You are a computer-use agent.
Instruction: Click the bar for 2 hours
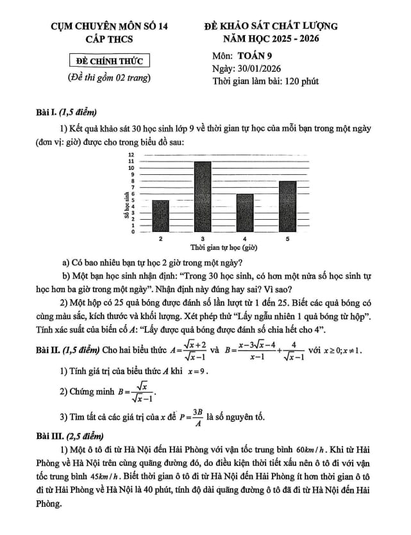click(160, 216)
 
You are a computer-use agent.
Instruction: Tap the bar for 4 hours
click(245, 213)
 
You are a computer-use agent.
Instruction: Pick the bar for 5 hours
click(287, 206)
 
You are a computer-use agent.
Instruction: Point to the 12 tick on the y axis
click(131, 155)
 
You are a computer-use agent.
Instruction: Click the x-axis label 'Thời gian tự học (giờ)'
click(224, 247)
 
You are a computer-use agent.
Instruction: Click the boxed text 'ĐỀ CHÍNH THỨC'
click(109, 62)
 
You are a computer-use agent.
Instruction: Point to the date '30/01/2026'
click(264, 68)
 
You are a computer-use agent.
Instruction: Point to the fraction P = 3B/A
click(205, 417)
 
